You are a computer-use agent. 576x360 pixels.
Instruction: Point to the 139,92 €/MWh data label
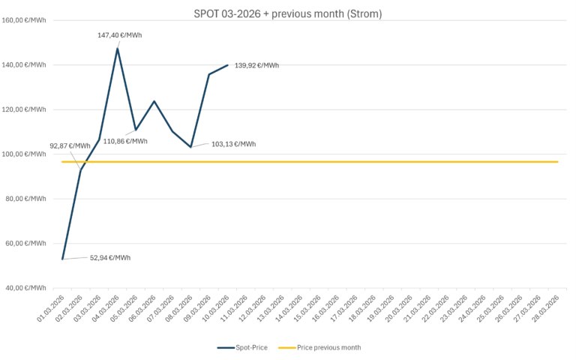coord(256,66)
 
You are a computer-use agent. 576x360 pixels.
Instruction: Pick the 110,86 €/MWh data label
coord(125,141)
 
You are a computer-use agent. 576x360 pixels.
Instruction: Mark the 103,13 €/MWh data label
coord(233,144)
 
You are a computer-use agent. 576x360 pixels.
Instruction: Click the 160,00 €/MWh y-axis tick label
coord(24,20)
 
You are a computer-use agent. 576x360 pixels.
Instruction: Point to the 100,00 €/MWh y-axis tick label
coord(24,154)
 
